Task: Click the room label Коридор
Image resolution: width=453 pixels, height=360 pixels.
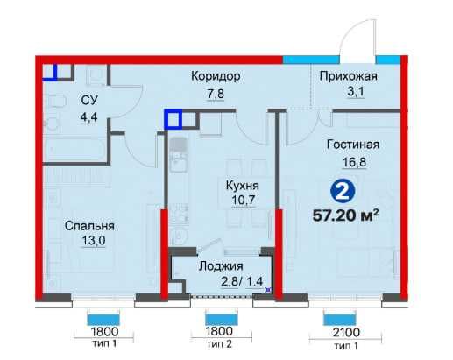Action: coord(216,77)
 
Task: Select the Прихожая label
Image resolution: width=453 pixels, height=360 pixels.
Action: coord(347,77)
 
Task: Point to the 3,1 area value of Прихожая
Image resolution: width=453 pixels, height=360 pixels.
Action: coord(347,93)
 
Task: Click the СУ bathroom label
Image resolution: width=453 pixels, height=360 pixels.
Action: coord(89,100)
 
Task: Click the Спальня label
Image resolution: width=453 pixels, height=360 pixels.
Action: coord(88,225)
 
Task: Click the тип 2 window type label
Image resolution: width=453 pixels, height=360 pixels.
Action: coord(221,345)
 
